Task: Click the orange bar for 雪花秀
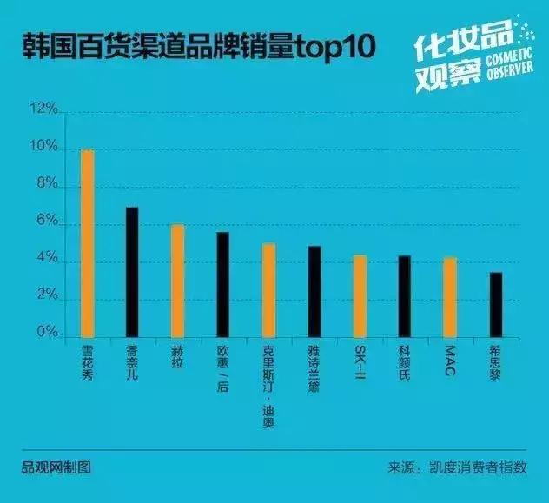tap(87, 243)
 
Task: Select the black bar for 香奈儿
tap(132, 272)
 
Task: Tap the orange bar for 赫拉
tap(177, 281)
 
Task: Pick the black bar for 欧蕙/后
tap(222, 284)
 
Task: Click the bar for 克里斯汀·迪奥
tap(268, 290)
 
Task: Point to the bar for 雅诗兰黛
tap(314, 292)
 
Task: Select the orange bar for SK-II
tap(359, 296)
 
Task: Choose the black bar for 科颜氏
tap(404, 296)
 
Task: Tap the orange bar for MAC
tap(449, 297)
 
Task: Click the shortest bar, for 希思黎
tap(495, 305)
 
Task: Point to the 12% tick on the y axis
tap(43, 110)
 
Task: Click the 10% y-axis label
tap(43, 149)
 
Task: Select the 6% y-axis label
tap(47, 223)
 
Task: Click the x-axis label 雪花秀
tap(87, 363)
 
